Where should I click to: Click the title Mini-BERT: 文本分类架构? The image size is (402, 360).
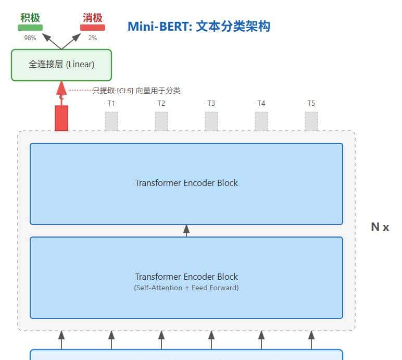(198, 27)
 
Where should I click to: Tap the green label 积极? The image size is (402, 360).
(30, 17)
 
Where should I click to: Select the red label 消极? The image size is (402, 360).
(92, 18)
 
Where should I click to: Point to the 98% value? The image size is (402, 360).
(30, 38)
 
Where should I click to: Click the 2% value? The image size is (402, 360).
(92, 38)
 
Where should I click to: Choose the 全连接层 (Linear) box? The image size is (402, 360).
(61, 65)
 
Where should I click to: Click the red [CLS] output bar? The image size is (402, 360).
(61, 118)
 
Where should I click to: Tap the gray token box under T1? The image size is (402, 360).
(111, 121)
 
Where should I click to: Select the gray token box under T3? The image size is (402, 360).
(211, 121)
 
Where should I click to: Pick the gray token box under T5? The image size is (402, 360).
(311, 121)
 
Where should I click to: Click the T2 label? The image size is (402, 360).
(161, 103)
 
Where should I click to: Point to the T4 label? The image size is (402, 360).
(261, 103)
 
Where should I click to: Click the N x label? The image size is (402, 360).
(380, 227)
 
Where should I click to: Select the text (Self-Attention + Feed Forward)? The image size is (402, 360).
(186, 288)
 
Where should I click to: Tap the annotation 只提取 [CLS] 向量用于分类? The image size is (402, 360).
(136, 91)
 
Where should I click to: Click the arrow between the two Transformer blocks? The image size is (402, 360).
(186, 230)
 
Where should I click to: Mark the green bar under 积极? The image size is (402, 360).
(31, 28)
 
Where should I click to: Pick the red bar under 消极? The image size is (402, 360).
(93, 28)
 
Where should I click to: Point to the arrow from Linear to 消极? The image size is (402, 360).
(73, 41)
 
